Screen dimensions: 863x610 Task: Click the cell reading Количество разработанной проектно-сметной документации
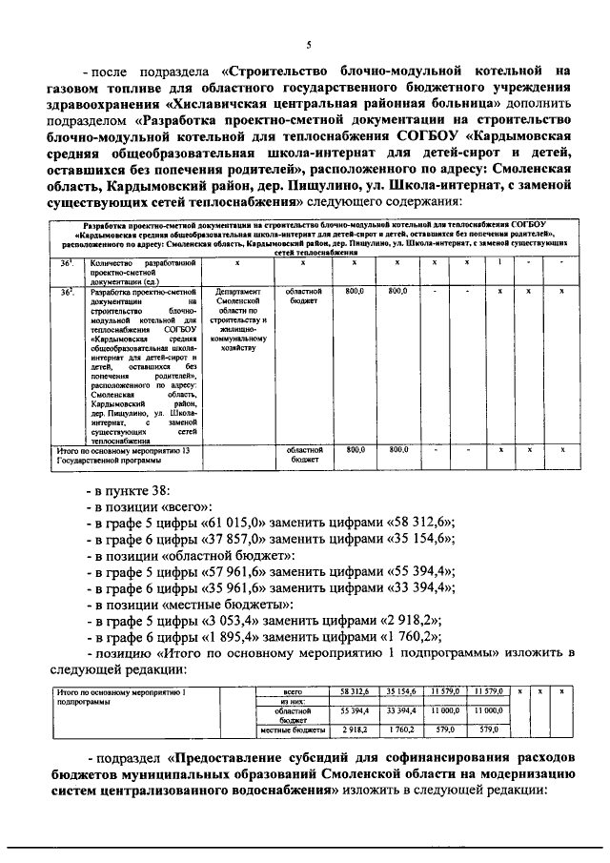[130, 271]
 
